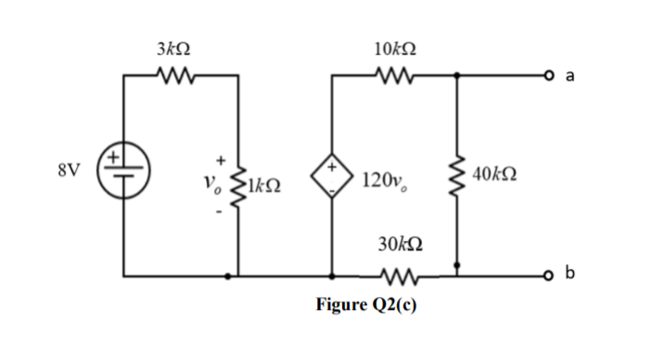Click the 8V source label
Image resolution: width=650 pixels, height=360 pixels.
click(68, 171)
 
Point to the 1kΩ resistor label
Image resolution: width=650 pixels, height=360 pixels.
click(262, 186)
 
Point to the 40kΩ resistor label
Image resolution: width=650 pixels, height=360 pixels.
click(495, 174)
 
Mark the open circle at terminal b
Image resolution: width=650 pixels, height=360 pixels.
click(550, 276)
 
